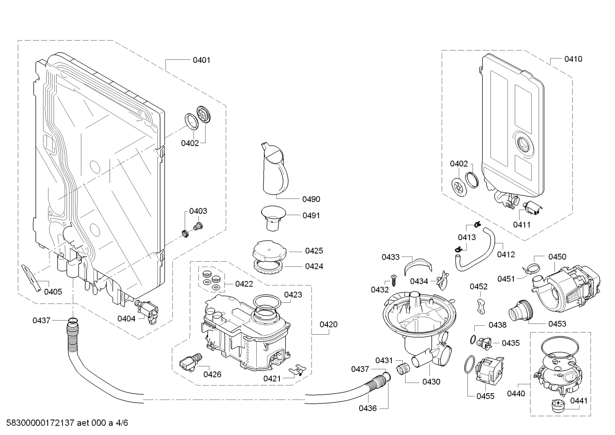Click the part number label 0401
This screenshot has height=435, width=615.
tap(201, 60)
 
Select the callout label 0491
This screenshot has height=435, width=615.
tap(311, 216)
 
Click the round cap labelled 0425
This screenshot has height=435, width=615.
tap(269, 250)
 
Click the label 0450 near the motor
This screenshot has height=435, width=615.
tap(557, 257)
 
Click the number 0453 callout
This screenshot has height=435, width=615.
tap(557, 324)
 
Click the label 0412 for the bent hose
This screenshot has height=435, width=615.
tap(506, 254)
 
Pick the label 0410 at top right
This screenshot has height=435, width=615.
tap(573, 59)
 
